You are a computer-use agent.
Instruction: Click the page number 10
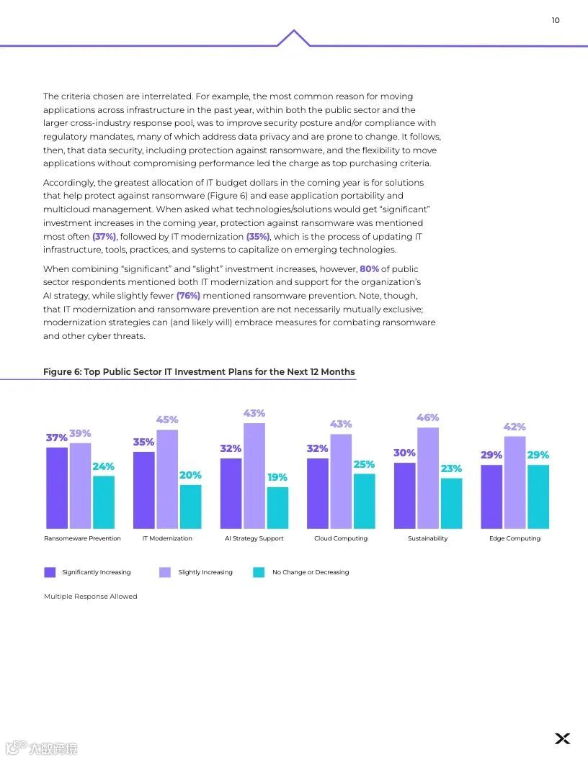point(556,20)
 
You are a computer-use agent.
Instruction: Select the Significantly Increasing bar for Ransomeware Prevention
point(57,488)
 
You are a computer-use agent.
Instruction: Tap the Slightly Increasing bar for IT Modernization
point(167,479)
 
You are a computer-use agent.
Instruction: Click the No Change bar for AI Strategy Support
point(277,508)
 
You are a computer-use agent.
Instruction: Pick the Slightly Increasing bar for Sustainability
point(428,479)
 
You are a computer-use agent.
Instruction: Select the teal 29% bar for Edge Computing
point(538,497)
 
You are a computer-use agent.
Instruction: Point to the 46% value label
point(428,417)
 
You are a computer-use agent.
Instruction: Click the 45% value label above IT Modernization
point(167,420)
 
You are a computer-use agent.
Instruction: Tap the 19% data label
point(277,477)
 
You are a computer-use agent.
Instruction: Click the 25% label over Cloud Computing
point(364,464)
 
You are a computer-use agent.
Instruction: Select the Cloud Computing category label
point(341,538)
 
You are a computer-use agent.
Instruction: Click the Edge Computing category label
point(514,538)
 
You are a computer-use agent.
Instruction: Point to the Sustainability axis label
point(428,538)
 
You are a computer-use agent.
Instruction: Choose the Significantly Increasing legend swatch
point(50,572)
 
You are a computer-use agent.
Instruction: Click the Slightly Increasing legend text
point(205,572)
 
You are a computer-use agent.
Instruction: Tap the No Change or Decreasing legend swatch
point(259,572)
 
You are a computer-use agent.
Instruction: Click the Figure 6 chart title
point(199,372)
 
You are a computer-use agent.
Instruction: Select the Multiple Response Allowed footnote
point(91,597)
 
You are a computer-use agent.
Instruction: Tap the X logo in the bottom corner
point(562,738)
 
